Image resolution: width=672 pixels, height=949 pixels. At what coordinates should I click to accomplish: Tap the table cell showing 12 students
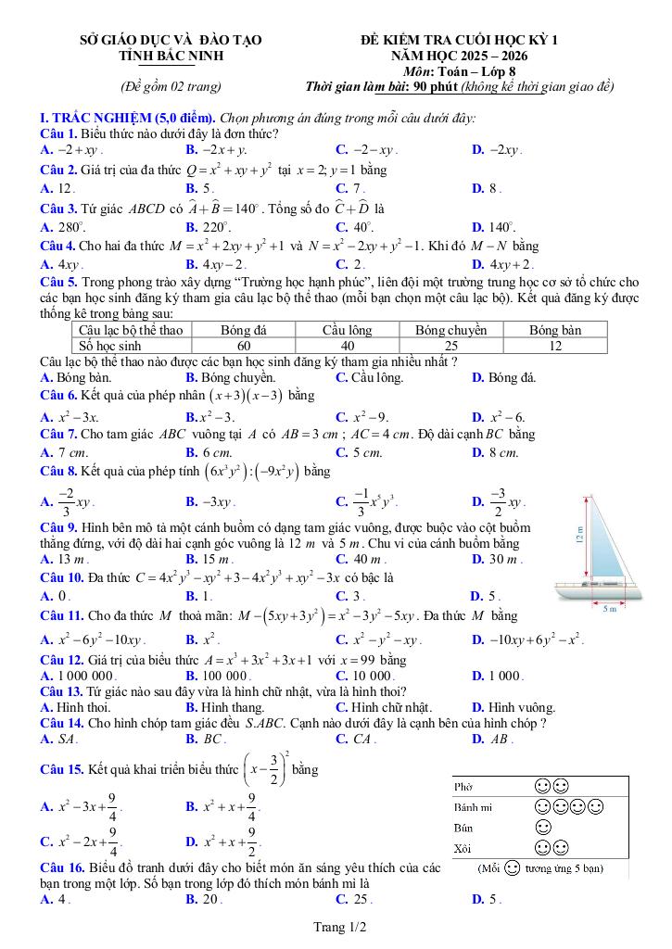tap(555, 346)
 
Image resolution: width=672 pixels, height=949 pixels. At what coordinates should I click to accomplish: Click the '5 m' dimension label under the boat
tap(610, 609)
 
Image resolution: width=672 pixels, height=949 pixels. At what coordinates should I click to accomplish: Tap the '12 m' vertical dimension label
tap(580, 538)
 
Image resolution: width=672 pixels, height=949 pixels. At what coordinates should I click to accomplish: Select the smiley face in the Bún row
tap(544, 827)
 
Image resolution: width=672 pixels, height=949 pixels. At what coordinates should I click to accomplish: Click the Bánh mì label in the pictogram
tap(473, 806)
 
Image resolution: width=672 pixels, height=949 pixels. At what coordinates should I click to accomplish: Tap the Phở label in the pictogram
tap(463, 786)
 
